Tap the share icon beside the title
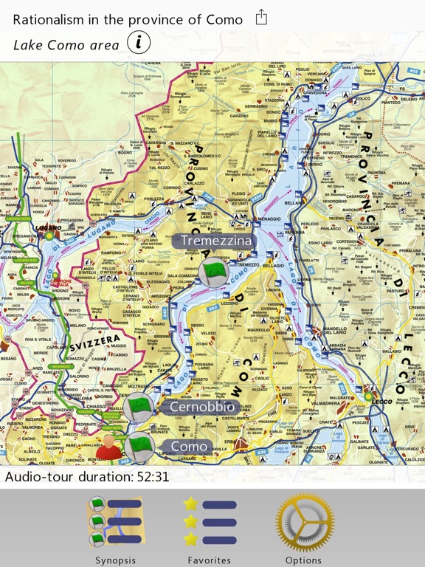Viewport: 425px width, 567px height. coord(261,18)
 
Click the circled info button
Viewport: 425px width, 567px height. coord(139,44)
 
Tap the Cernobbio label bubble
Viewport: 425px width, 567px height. coord(201,407)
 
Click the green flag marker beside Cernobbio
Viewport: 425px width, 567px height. coord(138,407)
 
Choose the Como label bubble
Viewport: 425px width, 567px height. coord(189,447)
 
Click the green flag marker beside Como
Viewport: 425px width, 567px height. coord(139,447)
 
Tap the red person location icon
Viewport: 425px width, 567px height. coord(110,447)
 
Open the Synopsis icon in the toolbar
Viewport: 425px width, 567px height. coord(115,523)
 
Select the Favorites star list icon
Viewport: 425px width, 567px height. coord(210,523)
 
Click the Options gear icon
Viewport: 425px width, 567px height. coord(303,523)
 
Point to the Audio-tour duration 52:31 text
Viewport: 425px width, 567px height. coord(87,476)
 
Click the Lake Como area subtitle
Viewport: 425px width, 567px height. coord(66,44)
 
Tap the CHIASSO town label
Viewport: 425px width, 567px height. coord(97,405)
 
